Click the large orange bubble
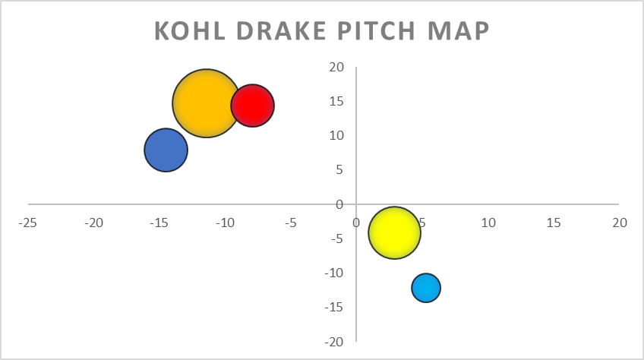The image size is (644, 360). point(206,103)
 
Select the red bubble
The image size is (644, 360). point(253,106)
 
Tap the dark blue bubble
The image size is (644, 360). point(166,150)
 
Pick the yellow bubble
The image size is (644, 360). point(394,232)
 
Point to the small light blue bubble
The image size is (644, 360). point(426,288)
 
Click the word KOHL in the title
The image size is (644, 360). point(190,31)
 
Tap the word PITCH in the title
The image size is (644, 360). point(377,31)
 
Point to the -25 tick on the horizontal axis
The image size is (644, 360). point(27,223)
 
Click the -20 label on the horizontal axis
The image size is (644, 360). point(93,223)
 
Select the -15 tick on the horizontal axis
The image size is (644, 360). point(159,223)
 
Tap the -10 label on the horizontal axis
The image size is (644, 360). point(225,223)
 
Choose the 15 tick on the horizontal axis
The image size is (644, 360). point(554,223)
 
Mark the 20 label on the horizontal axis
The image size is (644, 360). point(620,223)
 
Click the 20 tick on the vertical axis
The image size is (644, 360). point(336,67)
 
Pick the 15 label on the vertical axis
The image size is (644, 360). point(336,101)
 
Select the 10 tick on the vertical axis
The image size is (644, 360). point(336,135)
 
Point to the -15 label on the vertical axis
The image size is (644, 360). point(334,307)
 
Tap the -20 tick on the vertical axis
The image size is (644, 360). point(334,342)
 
